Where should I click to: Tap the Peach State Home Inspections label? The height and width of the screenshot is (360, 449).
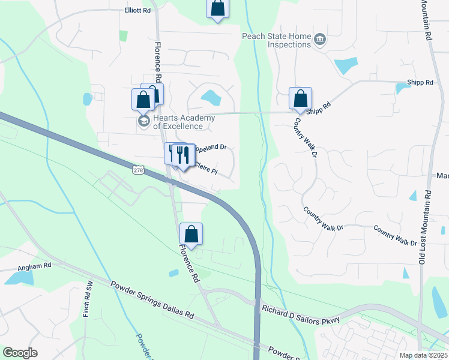coord(277,40)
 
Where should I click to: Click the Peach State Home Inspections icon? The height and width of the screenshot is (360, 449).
coord(319,40)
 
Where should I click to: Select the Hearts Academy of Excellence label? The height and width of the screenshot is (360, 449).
coord(177,122)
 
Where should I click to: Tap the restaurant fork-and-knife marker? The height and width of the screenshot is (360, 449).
coord(183,155)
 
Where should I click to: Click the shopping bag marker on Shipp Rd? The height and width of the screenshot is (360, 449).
coord(300,98)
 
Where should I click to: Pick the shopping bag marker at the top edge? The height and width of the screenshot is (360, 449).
coord(217,9)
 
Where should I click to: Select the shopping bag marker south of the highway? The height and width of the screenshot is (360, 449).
coord(191,234)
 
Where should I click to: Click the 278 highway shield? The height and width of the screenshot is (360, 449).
coord(139,171)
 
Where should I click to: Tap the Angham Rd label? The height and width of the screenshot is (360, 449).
coord(34,265)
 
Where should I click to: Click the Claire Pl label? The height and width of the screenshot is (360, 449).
coord(204,170)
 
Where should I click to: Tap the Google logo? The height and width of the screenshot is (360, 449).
coord(20,353)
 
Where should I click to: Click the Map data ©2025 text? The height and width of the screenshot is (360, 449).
coord(423,355)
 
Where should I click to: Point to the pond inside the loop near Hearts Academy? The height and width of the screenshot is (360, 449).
coord(210,96)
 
